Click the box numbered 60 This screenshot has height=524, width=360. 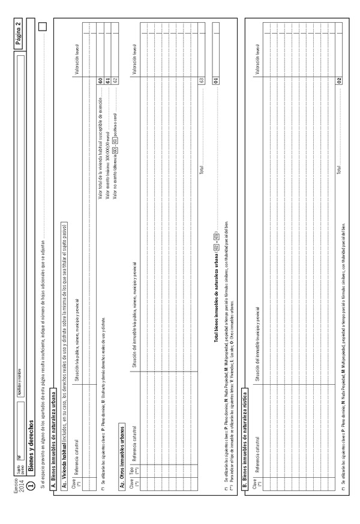point(100,81)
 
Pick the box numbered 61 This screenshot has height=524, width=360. point(107,81)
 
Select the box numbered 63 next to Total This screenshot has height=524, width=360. point(202,81)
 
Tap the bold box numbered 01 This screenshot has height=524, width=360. point(214,81)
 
